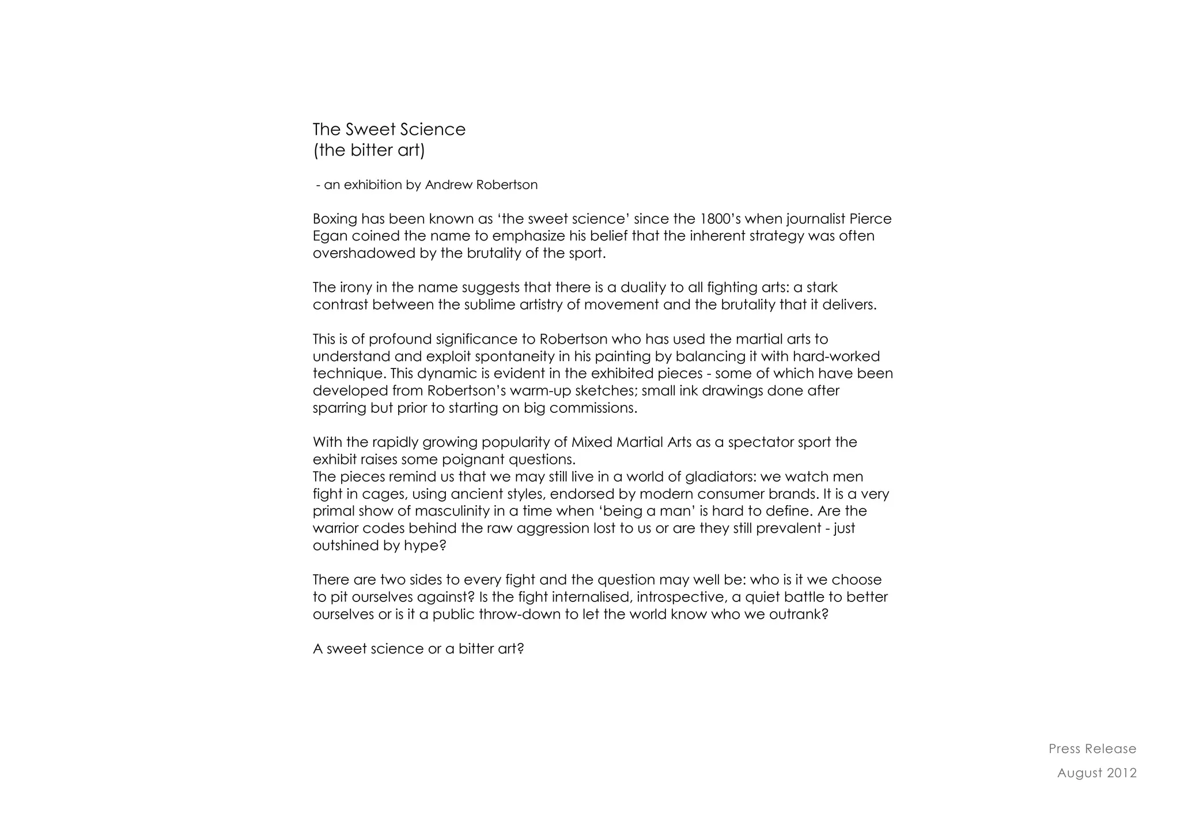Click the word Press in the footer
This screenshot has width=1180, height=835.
[x=1064, y=749]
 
